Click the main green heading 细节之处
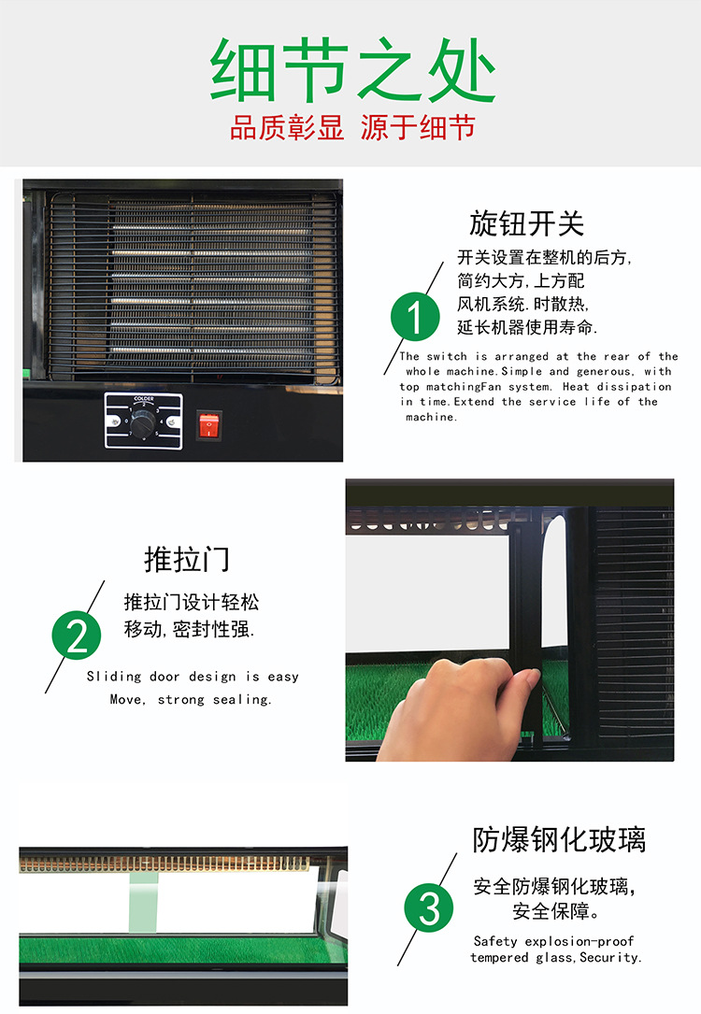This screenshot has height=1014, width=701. tap(351, 71)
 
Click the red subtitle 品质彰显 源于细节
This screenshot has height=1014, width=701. tap(351, 128)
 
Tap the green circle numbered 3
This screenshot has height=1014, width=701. tap(428, 908)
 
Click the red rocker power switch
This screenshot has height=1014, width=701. tap(207, 427)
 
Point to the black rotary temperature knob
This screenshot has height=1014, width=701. tap(143, 424)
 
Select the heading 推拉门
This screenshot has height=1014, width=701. tap(186, 559)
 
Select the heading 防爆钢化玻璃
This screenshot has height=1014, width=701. tap(559, 838)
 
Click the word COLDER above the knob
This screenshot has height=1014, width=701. tap(143, 400)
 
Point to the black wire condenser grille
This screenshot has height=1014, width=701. tap(192, 280)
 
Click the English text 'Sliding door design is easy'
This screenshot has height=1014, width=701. tap(193, 677)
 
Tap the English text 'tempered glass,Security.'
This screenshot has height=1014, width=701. tap(555, 958)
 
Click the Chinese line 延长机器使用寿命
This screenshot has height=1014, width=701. tap(527, 327)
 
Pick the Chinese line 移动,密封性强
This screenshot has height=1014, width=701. tap(190, 629)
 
